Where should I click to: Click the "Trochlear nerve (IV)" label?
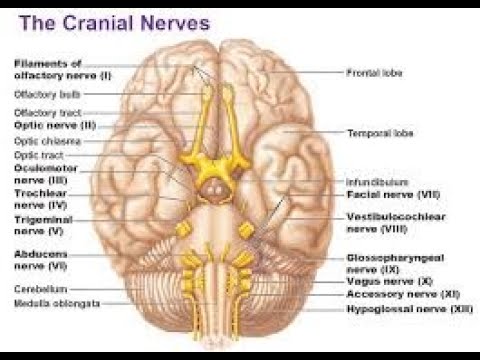(x=39, y=198)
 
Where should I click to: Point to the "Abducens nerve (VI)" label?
(x=40, y=259)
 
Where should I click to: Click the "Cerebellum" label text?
(x=39, y=288)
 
